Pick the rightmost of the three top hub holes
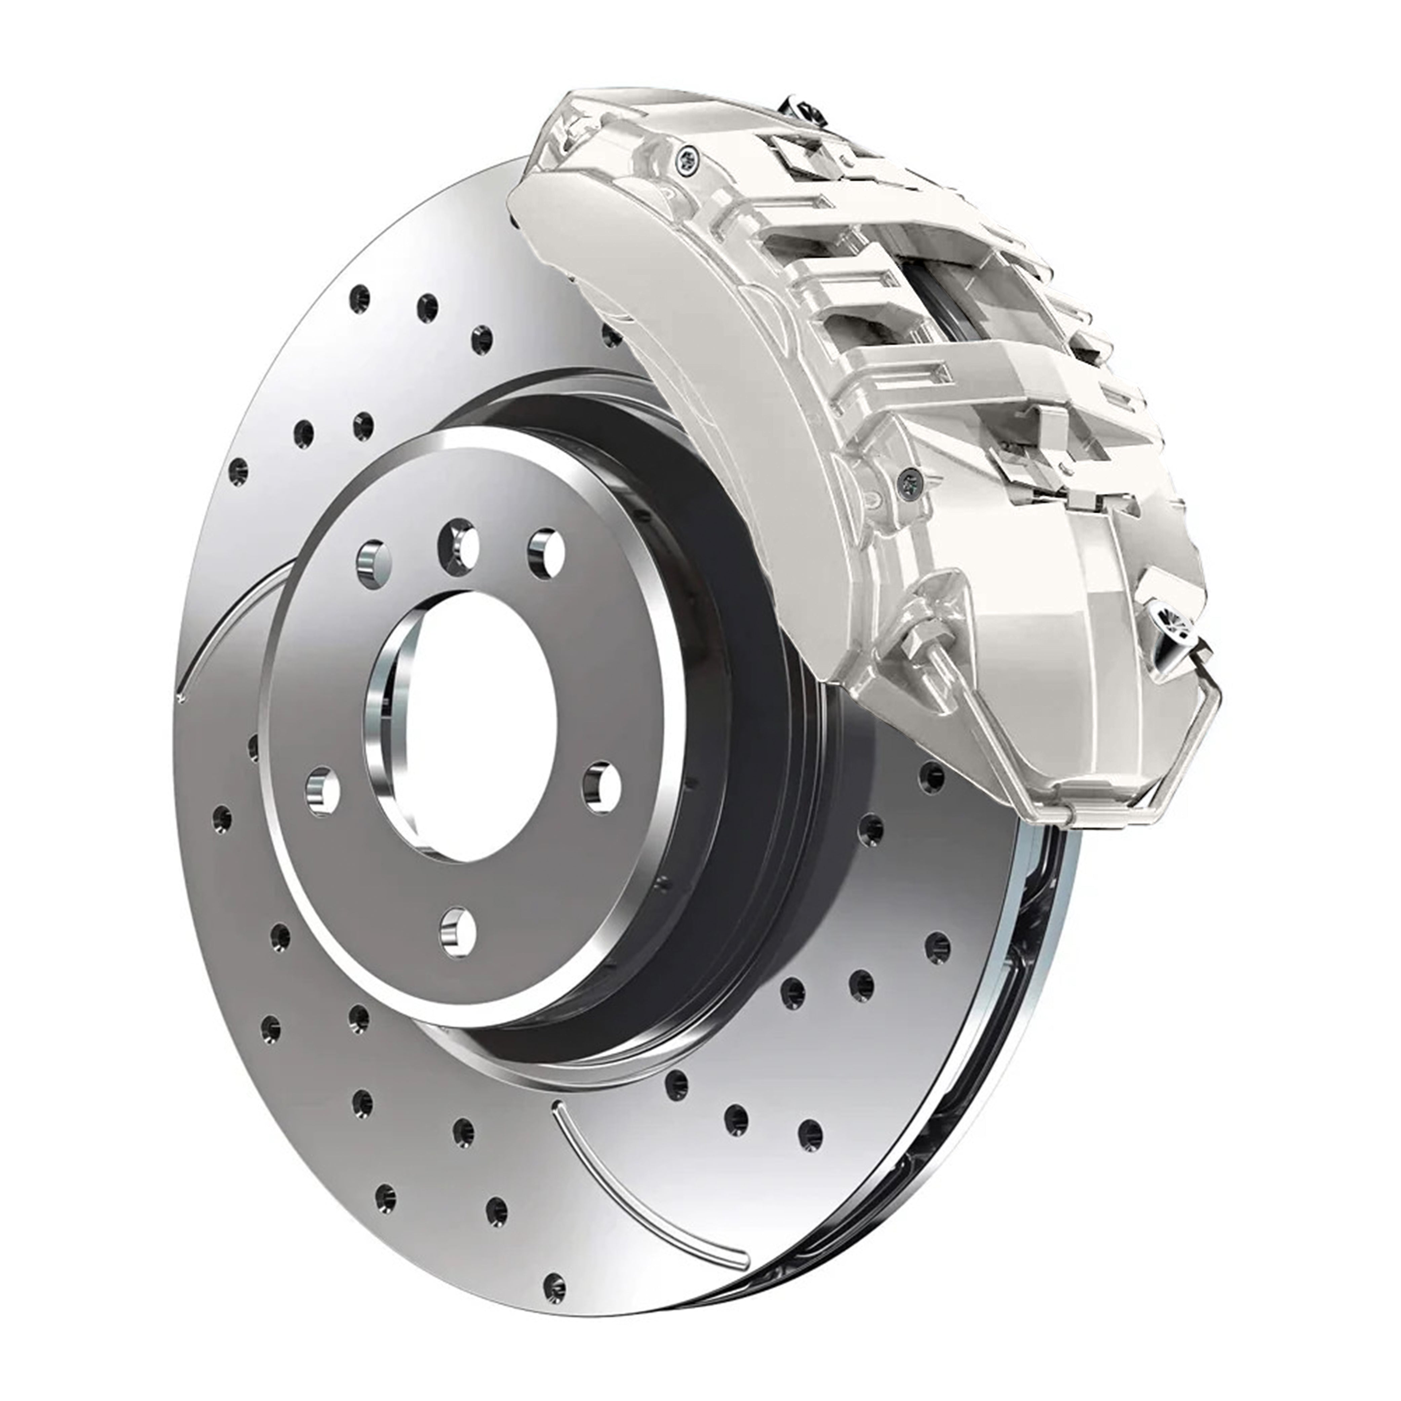coord(545,555)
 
